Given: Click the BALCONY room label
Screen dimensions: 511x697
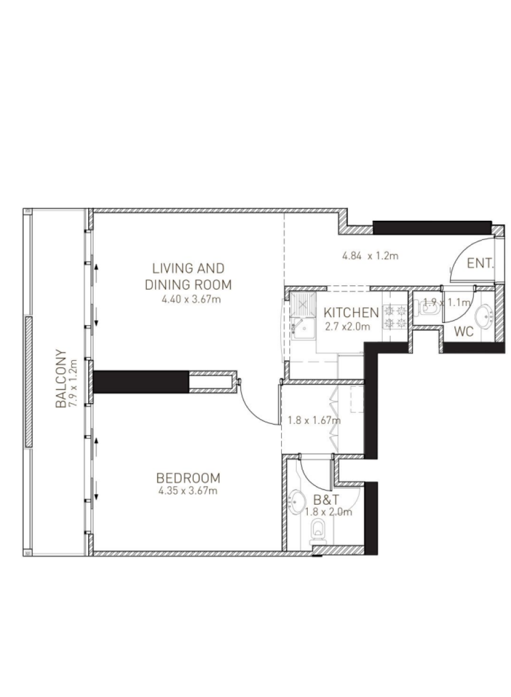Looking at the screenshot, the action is click(60, 378).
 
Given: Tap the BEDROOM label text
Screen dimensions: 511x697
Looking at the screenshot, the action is click(188, 478).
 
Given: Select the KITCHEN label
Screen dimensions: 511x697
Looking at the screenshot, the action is click(351, 312).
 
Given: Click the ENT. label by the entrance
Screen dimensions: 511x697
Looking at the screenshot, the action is click(480, 264).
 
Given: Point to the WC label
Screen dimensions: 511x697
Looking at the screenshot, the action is click(464, 332).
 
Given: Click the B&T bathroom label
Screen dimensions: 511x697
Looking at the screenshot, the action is click(326, 500).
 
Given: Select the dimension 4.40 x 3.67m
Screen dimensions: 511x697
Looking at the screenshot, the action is click(191, 299).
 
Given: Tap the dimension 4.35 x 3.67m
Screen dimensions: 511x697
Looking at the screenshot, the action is click(188, 491).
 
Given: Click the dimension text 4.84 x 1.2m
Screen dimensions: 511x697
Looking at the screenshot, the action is click(370, 256).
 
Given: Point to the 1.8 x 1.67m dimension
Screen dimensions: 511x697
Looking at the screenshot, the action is click(314, 421).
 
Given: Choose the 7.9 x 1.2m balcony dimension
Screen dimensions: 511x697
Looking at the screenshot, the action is click(73, 382).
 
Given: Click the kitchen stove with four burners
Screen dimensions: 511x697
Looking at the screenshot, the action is click(395, 317).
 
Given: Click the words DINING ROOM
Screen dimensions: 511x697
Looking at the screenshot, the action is click(189, 285).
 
